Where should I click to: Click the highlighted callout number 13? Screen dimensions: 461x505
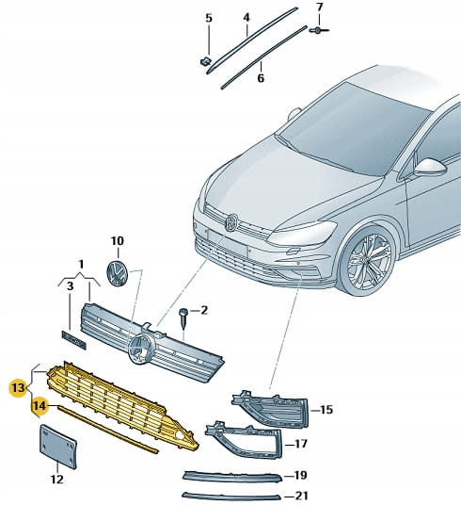coord(18,388)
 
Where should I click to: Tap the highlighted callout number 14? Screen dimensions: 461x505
coord(40,405)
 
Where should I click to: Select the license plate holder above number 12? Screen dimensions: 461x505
coord(58,447)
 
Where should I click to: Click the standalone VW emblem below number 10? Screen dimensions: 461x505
coord(117,273)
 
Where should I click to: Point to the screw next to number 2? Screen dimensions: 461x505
coord(184,318)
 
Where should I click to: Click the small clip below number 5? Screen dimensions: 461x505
coord(205,61)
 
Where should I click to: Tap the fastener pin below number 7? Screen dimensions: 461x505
coord(319,30)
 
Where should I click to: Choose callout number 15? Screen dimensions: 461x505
coord(326,410)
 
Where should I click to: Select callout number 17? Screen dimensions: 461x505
coord(301,444)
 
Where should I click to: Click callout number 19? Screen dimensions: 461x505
coord(300,476)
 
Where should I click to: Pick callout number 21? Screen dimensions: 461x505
coord(301,496)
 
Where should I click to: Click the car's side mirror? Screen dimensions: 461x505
coord(429,168)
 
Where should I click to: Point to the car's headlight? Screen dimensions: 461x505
coord(302,233)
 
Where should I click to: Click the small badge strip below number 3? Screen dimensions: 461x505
coord(74,340)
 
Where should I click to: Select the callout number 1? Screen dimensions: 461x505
coord(81,265)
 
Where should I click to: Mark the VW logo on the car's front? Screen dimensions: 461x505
coord(231,222)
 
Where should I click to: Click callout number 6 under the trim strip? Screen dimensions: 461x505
coord(261,78)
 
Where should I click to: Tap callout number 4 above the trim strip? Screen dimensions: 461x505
coord(246,17)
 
